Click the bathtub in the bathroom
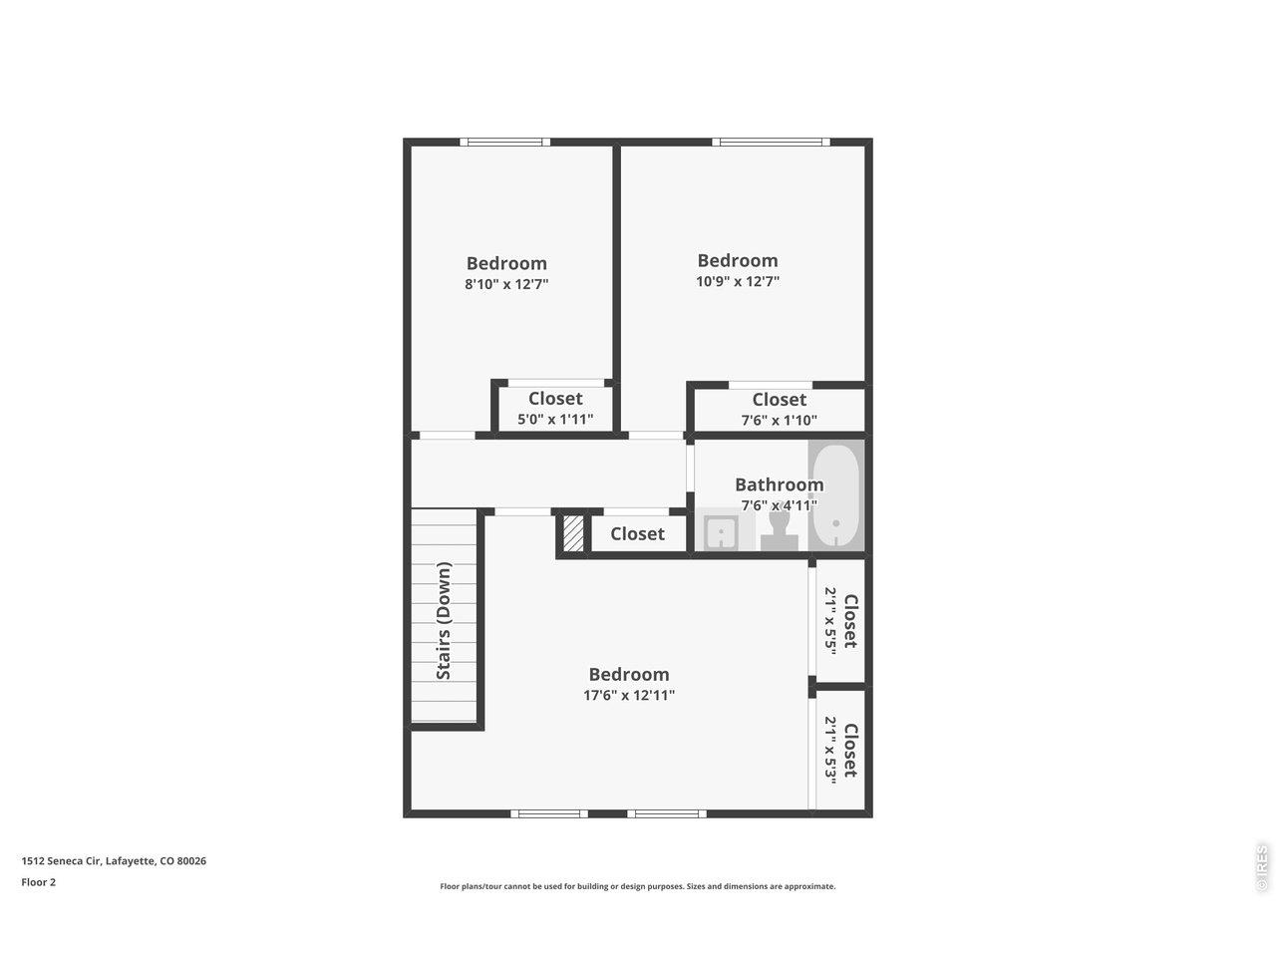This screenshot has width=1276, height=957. [835, 495]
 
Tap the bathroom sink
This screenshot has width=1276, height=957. [721, 532]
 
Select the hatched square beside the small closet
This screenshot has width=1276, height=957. [573, 532]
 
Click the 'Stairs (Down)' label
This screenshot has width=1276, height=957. [444, 620]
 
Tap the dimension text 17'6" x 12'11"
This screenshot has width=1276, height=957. [629, 695]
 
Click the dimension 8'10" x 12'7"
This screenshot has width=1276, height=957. [506, 284]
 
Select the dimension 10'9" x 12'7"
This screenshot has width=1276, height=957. [738, 281]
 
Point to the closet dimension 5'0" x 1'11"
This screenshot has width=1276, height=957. [555, 419]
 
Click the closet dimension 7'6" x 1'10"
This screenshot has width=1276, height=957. [779, 420]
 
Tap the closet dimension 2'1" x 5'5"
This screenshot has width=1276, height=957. [830, 621]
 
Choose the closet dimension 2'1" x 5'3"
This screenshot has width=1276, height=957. [830, 750]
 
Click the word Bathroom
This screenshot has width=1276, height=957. [779, 484]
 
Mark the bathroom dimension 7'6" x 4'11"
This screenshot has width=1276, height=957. [779, 505]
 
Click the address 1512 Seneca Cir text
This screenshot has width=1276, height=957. [62, 860]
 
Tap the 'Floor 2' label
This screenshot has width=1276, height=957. [38, 882]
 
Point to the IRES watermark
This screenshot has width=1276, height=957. [1261, 868]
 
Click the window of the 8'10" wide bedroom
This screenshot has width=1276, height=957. [505, 142]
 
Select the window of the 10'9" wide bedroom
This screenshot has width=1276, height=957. [771, 142]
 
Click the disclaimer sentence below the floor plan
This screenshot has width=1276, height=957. [638, 886]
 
